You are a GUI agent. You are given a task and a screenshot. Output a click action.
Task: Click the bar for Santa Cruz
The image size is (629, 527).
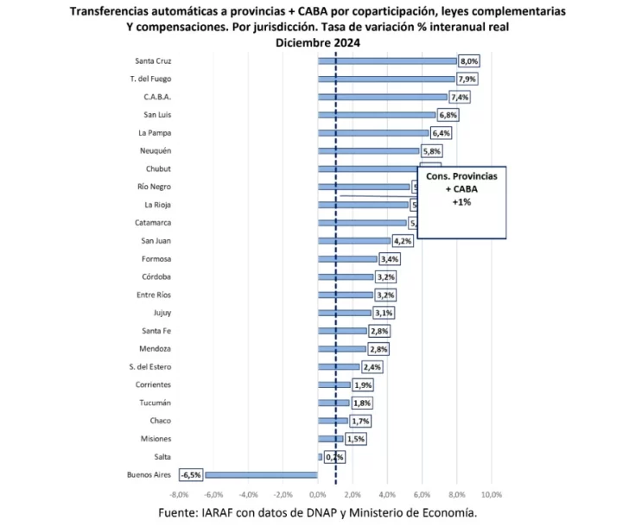point(387,61)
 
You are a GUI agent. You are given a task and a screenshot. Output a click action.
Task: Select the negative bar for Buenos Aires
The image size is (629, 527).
point(261,474)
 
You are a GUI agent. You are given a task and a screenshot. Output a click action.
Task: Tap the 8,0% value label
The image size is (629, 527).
point(468,61)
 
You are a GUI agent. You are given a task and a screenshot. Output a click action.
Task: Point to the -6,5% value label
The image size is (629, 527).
point(190,474)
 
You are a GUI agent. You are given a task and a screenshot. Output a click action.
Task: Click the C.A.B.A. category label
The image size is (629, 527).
point(156,97)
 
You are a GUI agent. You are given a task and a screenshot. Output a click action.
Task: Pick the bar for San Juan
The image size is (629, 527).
point(354,241)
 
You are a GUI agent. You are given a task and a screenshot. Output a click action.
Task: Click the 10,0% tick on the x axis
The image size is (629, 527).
point(491,494)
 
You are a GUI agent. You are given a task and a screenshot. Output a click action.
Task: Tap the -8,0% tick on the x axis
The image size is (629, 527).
point(179,494)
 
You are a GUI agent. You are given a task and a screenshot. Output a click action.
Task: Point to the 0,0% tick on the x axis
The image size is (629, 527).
point(317,494)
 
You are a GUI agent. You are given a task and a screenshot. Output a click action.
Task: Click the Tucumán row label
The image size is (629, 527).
point(155,403)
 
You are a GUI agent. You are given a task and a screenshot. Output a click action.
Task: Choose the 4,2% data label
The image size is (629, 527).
point(403,241)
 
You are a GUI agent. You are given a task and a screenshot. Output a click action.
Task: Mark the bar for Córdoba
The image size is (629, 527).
point(346,277)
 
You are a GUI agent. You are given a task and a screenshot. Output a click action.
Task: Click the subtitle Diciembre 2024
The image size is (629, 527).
point(317,42)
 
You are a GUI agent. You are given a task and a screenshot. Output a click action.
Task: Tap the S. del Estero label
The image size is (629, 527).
point(149,366)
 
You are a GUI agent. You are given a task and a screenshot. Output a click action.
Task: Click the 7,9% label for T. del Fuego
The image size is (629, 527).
point(467,79)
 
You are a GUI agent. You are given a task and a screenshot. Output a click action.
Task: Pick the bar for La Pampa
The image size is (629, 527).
point(373,133)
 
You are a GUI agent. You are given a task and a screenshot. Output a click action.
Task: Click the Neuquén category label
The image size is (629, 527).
point(155,151)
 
